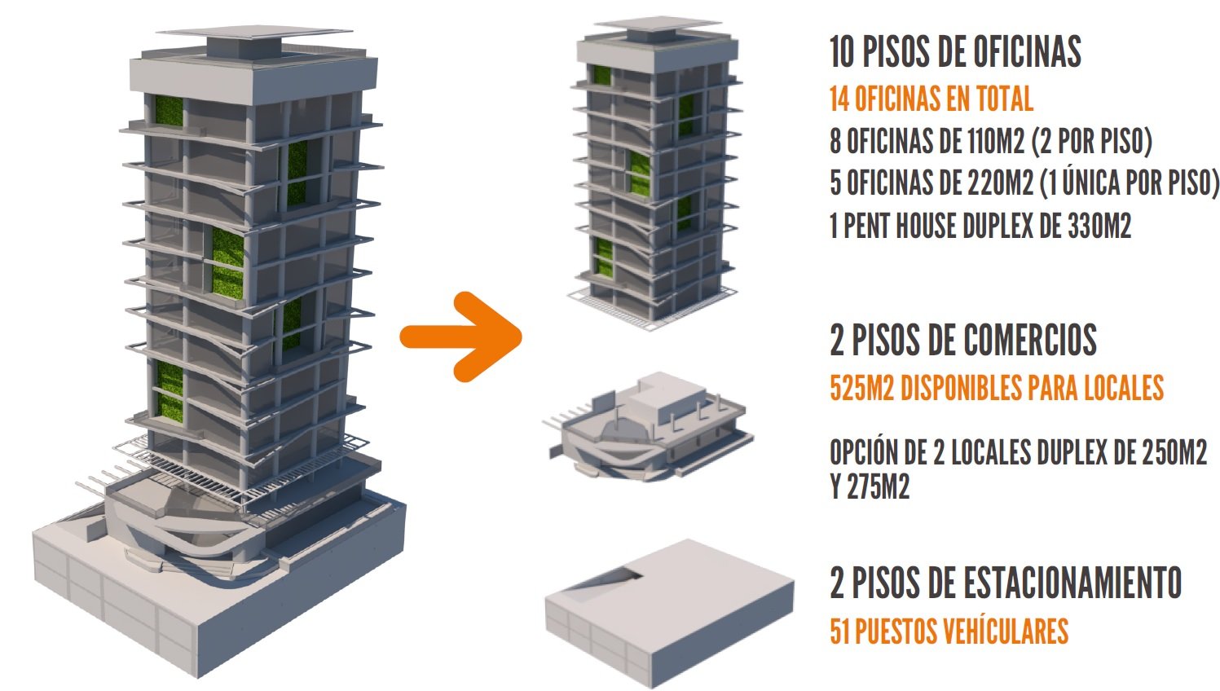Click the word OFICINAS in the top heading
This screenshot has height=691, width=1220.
click(1027, 51)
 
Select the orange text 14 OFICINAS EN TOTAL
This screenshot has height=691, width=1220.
click(932, 99)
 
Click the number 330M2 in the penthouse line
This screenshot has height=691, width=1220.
click(1099, 226)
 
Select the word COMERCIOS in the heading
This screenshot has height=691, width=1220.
click(1030, 340)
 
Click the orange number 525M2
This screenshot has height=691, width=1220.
click(861, 388)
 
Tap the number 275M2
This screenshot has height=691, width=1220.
click(877, 486)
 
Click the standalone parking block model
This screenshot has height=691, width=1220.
click(669, 613)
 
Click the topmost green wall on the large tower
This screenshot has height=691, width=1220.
click(169, 111)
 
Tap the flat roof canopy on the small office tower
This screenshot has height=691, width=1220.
click(658, 23)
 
